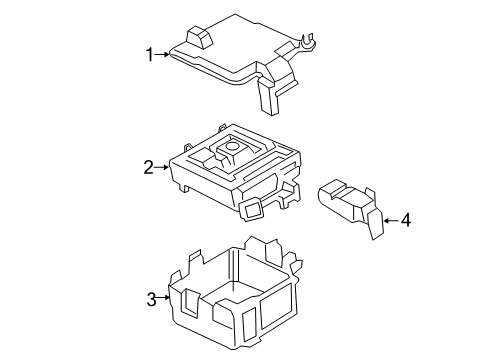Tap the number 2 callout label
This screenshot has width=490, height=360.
pyautogui.click(x=148, y=168)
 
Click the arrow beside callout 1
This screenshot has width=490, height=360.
pyautogui.click(x=165, y=55)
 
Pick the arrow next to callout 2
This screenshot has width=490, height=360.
pyautogui.click(x=161, y=168)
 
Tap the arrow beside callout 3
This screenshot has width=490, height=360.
pyautogui.click(x=165, y=299)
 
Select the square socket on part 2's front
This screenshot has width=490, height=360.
pyautogui.click(x=250, y=207)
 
